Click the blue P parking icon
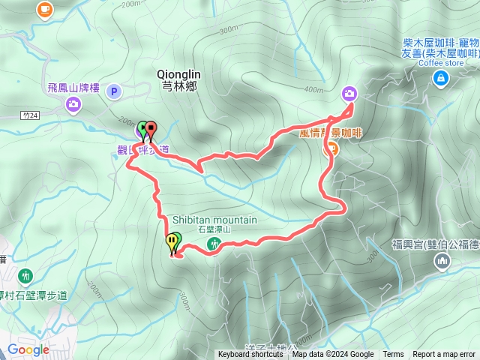[x=114, y=91]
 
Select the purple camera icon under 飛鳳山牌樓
[x=73, y=104]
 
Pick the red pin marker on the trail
[x=151, y=129]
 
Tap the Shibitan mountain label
[x=214, y=220]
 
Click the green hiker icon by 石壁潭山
[x=214, y=243]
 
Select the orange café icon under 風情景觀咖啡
[x=330, y=148]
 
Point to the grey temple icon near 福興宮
[x=442, y=260]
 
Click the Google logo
[x=28, y=349]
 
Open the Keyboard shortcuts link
[x=250, y=355]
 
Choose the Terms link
[x=393, y=355]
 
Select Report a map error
[x=445, y=355]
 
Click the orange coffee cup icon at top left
[x=45, y=9]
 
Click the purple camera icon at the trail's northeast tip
[x=349, y=93]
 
